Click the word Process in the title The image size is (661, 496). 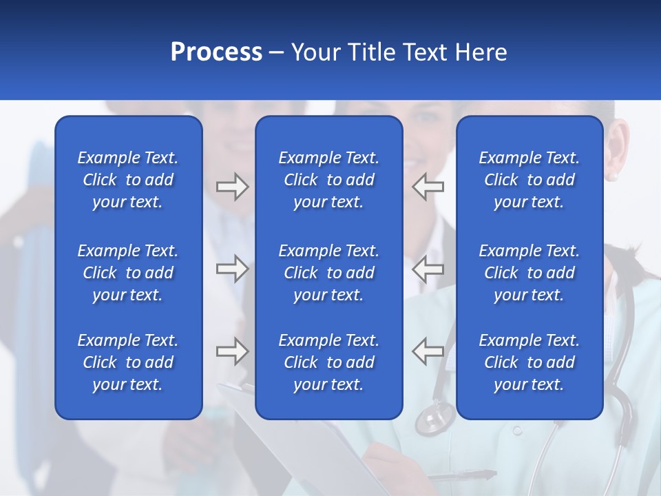[216, 52]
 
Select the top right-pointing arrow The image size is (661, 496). [232, 187]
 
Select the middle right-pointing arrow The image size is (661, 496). [232, 269]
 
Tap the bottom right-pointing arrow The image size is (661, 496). [232, 351]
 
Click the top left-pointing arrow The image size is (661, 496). [428, 187]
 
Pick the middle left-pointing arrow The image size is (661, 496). [428, 269]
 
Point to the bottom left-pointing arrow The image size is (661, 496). [428, 351]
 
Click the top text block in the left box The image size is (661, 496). [128, 180]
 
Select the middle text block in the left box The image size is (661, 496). [128, 273]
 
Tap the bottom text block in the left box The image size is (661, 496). [128, 362]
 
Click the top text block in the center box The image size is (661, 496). [329, 180]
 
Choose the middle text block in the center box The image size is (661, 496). [329, 273]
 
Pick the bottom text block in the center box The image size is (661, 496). [329, 362]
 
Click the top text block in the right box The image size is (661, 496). [529, 180]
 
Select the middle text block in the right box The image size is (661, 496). [529, 273]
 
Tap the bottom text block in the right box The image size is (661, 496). [529, 362]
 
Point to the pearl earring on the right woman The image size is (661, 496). [612, 177]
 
